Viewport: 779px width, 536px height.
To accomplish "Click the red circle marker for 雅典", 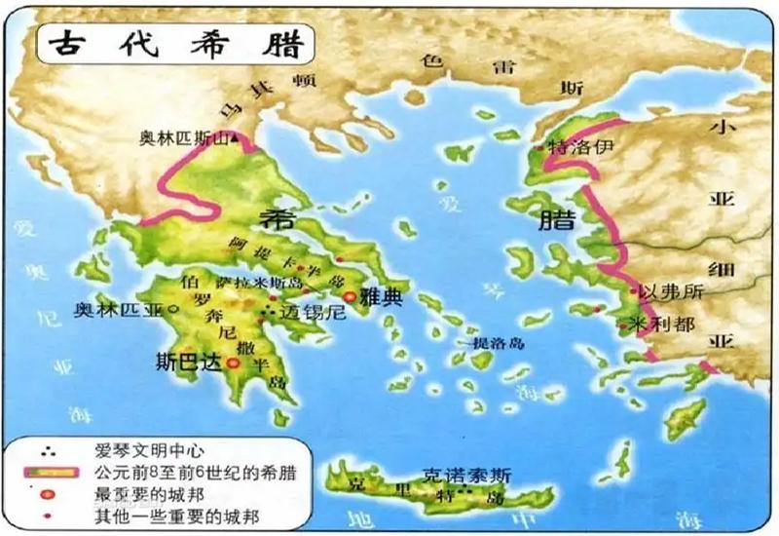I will pyautogui.click(x=348, y=295).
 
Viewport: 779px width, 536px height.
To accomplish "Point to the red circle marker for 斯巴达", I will pyautogui.click(x=234, y=364).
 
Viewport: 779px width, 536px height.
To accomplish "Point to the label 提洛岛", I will pyautogui.click(x=499, y=344).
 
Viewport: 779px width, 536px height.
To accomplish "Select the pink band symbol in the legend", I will pyautogui.click(x=49, y=473).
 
